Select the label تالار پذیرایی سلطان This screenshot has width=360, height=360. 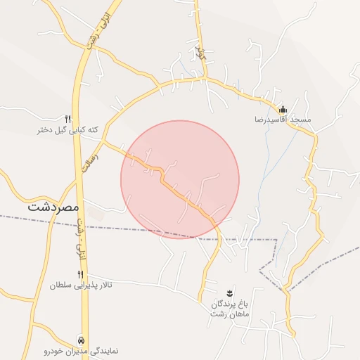click(x=81, y=286)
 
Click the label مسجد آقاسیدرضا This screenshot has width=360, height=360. click(x=283, y=120)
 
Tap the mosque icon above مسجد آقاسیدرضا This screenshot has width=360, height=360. click(x=283, y=109)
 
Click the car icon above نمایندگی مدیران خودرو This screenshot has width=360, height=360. click(x=82, y=338)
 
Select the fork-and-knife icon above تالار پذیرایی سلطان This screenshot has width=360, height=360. click(x=80, y=274)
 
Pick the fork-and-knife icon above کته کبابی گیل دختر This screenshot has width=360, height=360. click(x=68, y=119)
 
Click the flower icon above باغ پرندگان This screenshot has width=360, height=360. click(x=229, y=292)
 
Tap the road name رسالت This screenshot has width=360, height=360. click(x=89, y=157)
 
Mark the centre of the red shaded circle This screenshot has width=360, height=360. click(x=180, y=179)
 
